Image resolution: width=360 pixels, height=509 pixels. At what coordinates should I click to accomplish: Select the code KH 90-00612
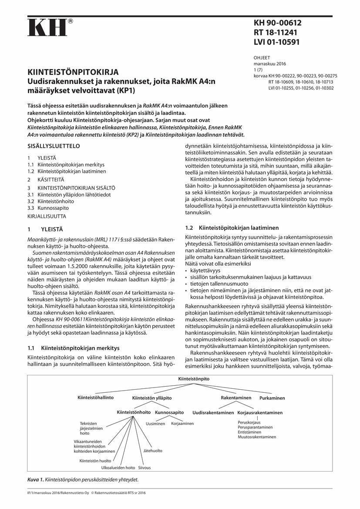point(277,23)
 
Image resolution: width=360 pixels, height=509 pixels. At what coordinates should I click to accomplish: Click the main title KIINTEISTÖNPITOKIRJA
point(74,71)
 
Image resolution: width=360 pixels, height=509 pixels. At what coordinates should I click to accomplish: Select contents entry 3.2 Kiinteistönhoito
point(50,202)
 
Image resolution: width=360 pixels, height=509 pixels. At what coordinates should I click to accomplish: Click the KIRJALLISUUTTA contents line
point(47,216)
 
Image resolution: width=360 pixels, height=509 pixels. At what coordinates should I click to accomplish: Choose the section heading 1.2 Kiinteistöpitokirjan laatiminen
point(232,228)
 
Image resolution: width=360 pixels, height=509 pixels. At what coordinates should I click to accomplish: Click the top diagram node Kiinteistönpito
point(194,379)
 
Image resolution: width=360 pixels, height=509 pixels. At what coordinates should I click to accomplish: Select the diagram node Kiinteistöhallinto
point(95,398)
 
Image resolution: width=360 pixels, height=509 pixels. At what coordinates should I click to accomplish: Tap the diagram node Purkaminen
point(272,398)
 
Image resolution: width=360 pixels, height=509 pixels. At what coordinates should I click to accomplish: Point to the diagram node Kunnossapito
point(169,412)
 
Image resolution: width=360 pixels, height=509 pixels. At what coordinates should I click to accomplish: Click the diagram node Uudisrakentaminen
point(213,412)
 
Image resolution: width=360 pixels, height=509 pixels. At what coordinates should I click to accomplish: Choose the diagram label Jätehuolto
point(153,451)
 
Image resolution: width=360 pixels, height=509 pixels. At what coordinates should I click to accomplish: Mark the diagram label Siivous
point(145,468)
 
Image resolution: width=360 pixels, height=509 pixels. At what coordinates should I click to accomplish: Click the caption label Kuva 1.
point(35,479)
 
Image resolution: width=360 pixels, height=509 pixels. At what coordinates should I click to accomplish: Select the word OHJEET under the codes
point(262,57)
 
